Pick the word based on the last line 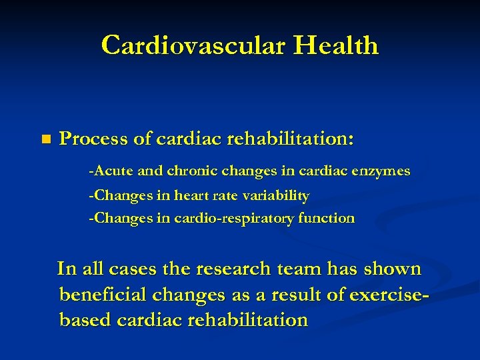[x=85, y=319]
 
